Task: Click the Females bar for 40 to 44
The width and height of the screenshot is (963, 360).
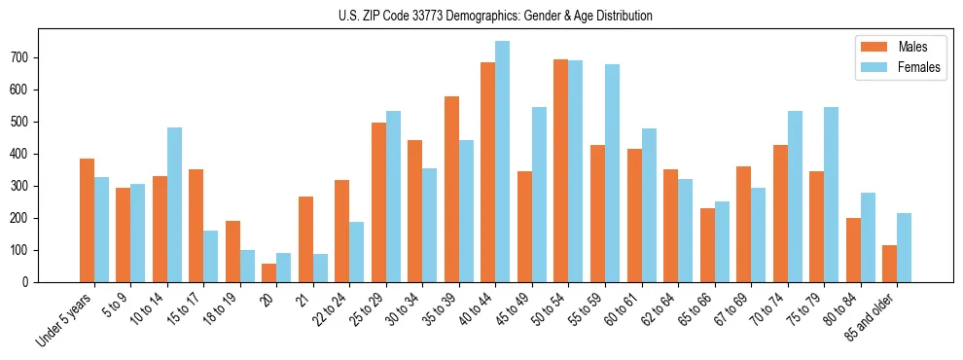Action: pyautogui.click(x=502, y=162)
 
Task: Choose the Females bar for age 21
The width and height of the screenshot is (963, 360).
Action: pyautogui.click(x=320, y=269)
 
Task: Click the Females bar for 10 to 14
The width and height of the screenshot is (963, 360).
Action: pyautogui.click(x=174, y=205)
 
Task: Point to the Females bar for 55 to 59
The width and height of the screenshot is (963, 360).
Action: pyautogui.click(x=612, y=173)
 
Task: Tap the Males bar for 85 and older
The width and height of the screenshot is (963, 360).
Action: pyautogui.click(x=889, y=264)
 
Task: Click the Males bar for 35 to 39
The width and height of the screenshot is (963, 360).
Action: pyautogui.click(x=451, y=190)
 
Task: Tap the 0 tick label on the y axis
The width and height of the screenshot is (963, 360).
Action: pyautogui.click(x=30, y=282)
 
